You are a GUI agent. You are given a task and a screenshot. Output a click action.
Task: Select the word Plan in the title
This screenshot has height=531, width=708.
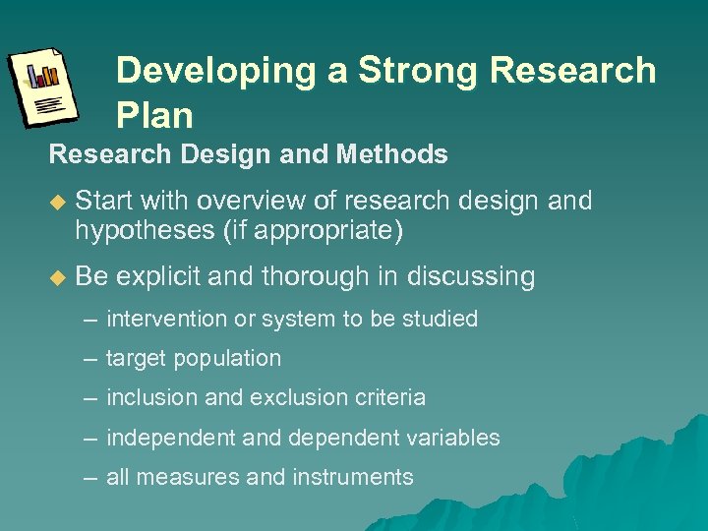154,115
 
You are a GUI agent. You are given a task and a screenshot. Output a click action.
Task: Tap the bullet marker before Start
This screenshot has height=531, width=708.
56,202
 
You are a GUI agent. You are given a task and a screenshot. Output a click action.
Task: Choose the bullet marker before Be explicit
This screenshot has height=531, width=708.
56,277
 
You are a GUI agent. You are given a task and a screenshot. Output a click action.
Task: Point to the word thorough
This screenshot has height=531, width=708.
320,276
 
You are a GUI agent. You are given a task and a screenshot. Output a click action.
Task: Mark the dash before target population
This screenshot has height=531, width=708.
90,359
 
